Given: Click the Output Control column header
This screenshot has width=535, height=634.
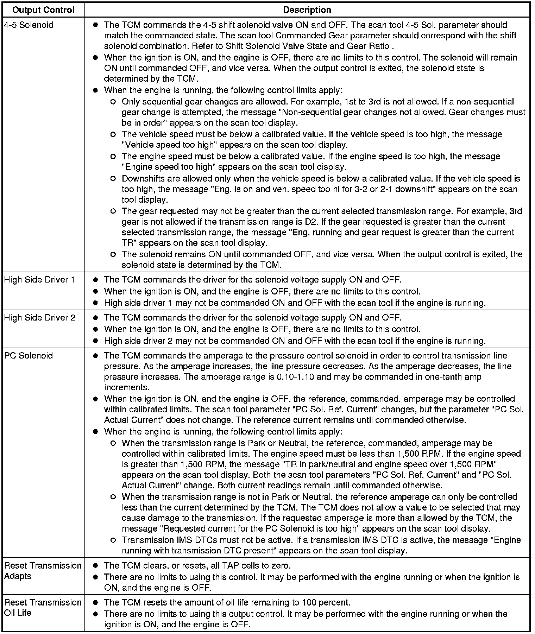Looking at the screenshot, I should click(x=43, y=10).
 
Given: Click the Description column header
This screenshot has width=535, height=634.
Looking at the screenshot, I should click(x=307, y=10).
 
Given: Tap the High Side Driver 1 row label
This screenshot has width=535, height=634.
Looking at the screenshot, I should click(x=39, y=280).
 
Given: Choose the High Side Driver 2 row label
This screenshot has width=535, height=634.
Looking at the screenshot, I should click(x=39, y=318).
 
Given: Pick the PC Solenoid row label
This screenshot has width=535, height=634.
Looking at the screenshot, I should click(x=29, y=355).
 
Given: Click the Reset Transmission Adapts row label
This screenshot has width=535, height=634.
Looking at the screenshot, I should click(x=42, y=571).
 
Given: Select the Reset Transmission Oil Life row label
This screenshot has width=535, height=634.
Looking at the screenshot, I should click(x=42, y=607).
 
